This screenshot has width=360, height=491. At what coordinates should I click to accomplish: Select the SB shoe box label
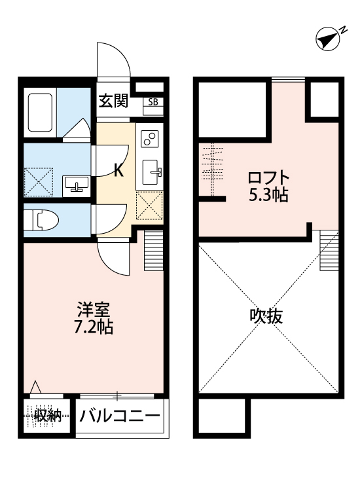point(153,101)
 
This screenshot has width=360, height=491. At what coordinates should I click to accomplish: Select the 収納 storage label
point(46,415)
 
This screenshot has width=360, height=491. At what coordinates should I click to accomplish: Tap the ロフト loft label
point(268,177)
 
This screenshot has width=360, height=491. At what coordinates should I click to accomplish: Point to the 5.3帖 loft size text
point(268,195)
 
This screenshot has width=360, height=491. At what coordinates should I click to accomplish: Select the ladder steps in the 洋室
point(153,250)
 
